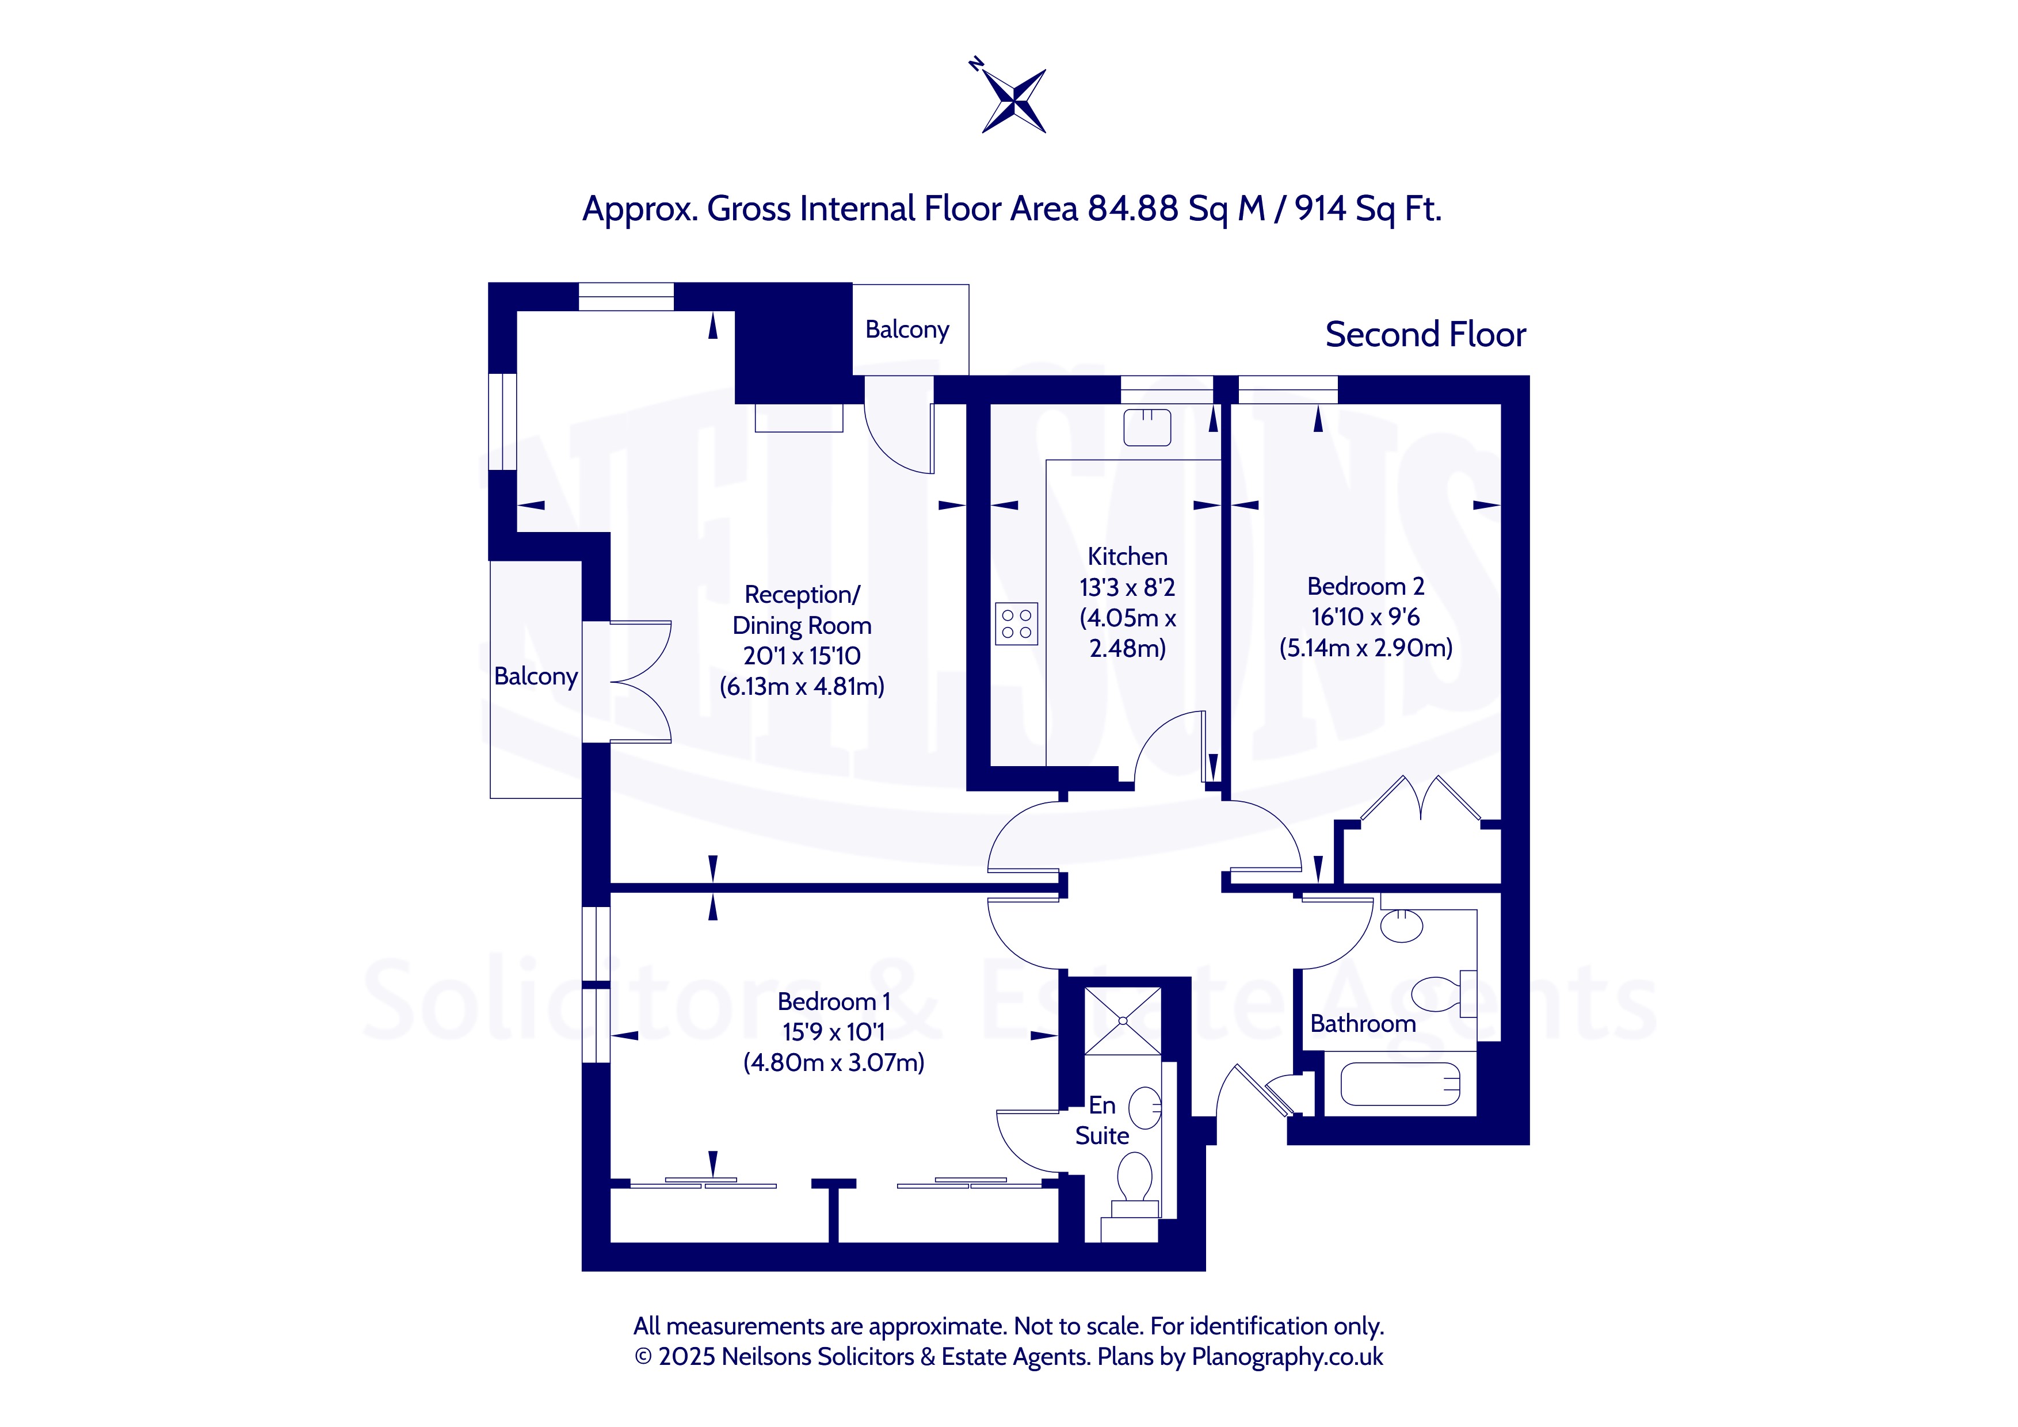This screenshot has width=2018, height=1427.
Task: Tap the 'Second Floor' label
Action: pos(1426,335)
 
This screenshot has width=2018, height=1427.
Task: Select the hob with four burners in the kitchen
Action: pos(1016,624)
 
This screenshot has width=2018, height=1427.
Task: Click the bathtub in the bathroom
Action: pos(1399,1084)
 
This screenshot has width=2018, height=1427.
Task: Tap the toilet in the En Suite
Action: pos(1135,1186)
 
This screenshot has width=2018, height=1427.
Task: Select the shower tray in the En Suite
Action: pos(1123,1020)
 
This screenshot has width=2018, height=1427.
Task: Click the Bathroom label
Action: pos(1363,1024)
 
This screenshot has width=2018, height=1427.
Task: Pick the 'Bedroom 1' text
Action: pos(834,1002)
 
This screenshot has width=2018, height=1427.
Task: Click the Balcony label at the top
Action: pos(907,330)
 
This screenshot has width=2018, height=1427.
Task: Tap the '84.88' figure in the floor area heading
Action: pos(1133,209)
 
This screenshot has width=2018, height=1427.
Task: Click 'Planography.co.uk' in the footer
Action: pos(1288,1357)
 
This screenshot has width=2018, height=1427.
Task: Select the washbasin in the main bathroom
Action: pos(1402,925)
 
